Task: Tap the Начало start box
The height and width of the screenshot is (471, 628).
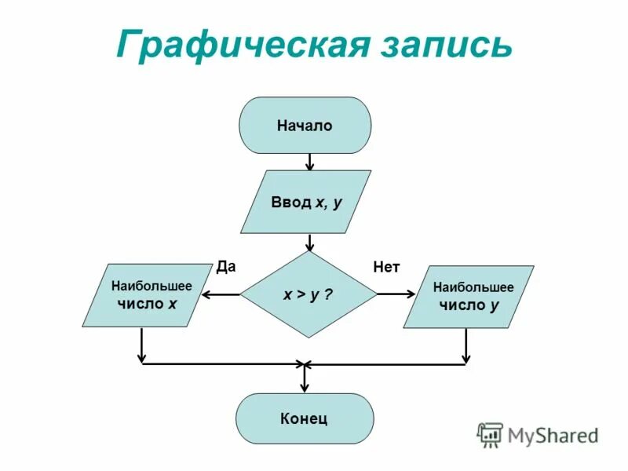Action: pos(305,126)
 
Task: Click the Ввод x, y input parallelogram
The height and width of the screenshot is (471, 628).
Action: pos(305,202)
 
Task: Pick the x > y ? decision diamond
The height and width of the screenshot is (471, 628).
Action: pos(309,294)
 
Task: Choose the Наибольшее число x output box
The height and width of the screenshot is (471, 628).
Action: pos(147,295)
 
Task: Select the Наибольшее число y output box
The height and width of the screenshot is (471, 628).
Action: pos(469,297)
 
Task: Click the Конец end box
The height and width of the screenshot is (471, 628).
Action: pos(305,418)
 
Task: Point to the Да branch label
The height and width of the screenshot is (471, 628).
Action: pos(226,266)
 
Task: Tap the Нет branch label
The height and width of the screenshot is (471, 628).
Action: pos(386,268)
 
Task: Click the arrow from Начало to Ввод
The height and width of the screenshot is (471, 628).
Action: pos(310,162)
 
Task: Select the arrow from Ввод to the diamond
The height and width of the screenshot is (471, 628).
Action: pos(311,243)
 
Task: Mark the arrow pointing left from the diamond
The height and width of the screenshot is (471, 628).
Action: pos(221,294)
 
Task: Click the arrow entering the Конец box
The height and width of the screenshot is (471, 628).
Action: pos(305,380)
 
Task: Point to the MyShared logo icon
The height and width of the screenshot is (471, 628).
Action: pos(491,434)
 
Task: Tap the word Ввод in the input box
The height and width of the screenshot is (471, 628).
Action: pos(291,203)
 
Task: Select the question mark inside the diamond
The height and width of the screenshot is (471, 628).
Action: pos(328,295)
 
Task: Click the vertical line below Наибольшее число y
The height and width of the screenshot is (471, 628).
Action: pos(466,345)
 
